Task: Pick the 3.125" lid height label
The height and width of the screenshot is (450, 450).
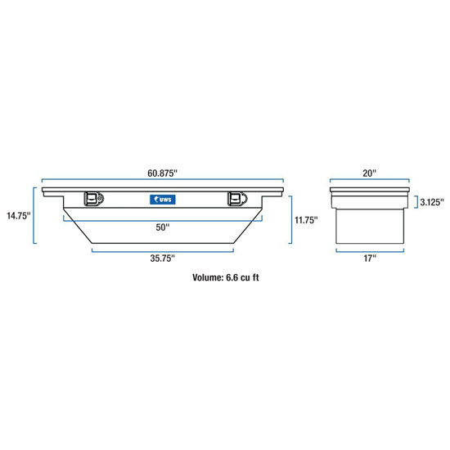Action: coord(431,201)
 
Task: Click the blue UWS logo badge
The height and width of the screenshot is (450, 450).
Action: coord(161,199)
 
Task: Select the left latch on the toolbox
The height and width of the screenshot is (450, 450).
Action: coord(93,199)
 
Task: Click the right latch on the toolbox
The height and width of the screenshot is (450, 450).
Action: coord(236,199)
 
